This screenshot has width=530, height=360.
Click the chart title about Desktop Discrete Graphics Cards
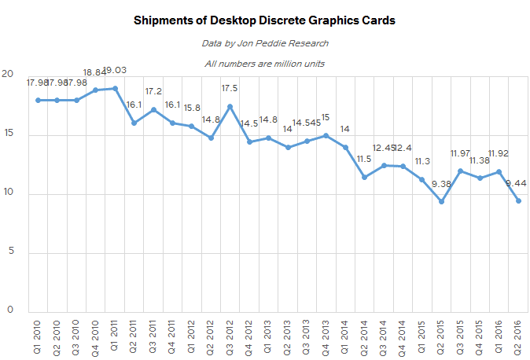pos(264,20)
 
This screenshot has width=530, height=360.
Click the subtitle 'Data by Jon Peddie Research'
pos(264,43)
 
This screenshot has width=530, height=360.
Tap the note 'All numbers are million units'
pos(264,64)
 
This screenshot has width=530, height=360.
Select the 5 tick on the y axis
pos(10,253)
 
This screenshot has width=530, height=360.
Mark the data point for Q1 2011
pos(115,88)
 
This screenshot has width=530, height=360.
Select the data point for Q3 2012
pos(230,106)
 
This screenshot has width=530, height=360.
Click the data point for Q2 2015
pos(442,201)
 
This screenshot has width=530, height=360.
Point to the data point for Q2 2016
pos(519,200)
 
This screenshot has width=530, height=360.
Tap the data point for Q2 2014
pos(365,177)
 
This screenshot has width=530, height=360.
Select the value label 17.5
pos(230,88)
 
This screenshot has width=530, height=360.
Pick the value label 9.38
pos(442,185)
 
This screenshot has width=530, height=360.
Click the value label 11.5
pos(365,160)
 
